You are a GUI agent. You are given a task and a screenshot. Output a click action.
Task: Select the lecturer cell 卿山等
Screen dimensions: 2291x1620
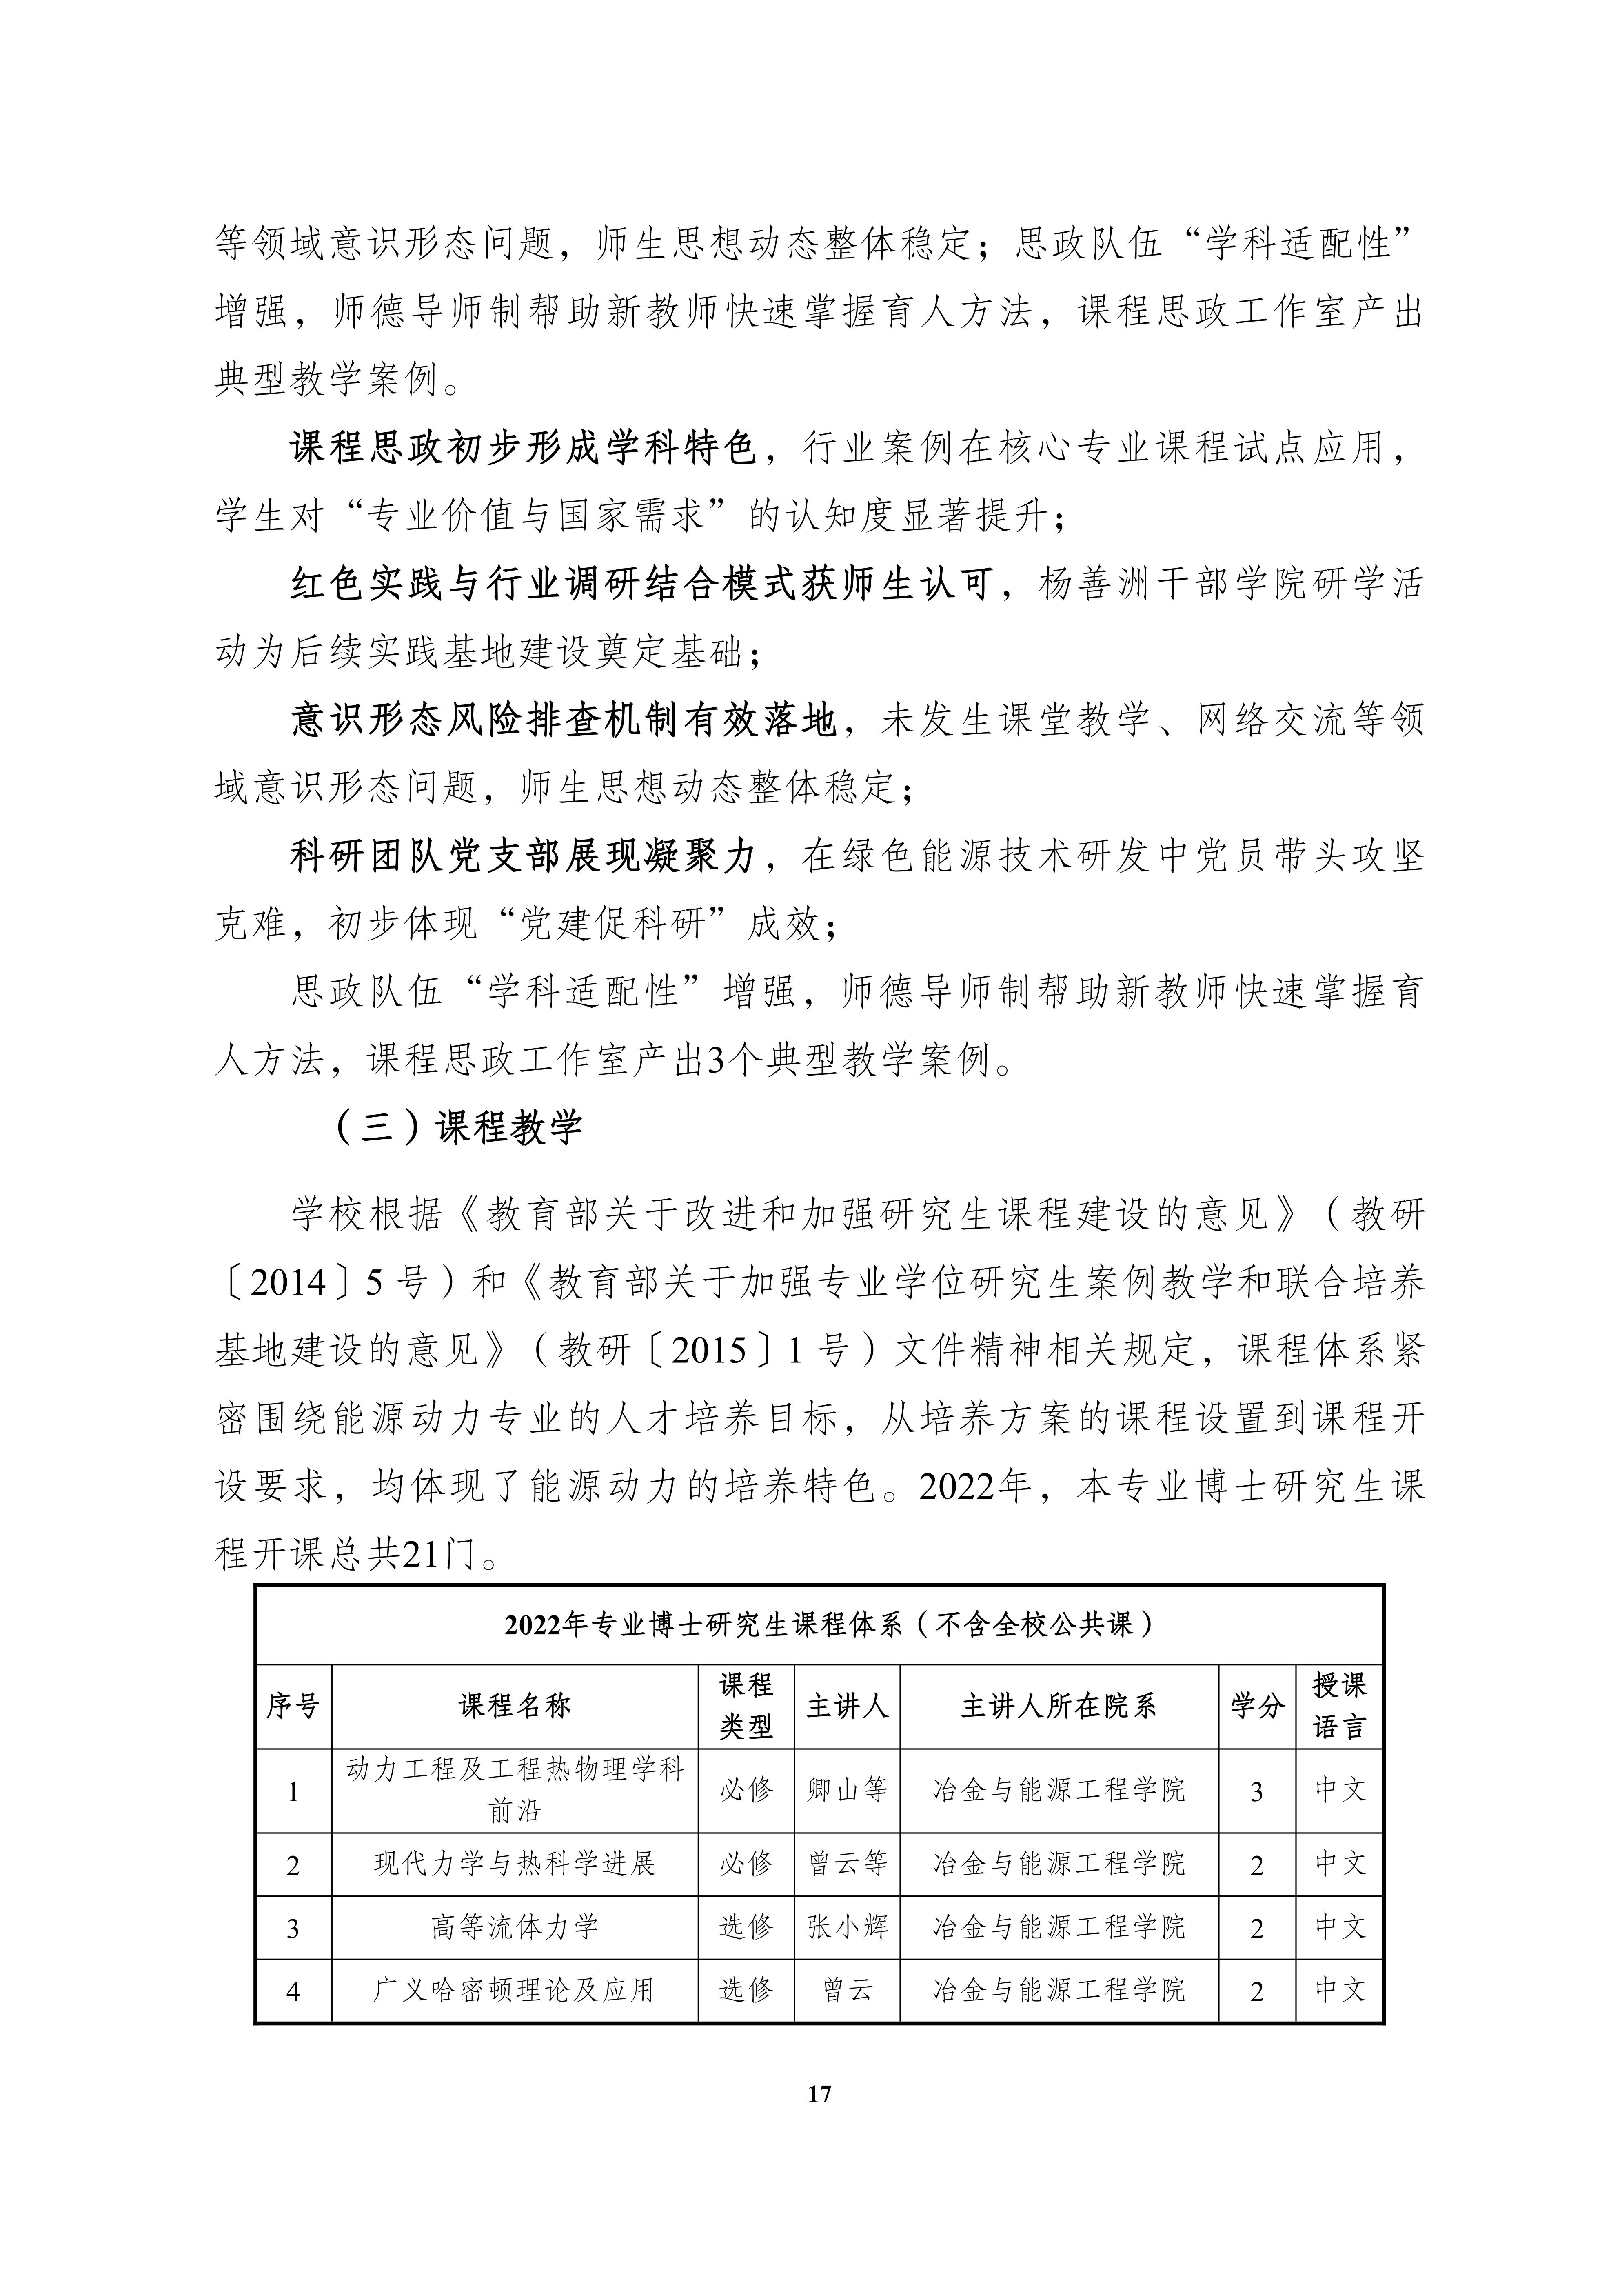847,1789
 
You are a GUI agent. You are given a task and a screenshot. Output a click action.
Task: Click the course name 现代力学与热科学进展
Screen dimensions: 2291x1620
515,1863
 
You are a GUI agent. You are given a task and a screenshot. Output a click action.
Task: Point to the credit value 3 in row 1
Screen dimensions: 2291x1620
1256,1792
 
